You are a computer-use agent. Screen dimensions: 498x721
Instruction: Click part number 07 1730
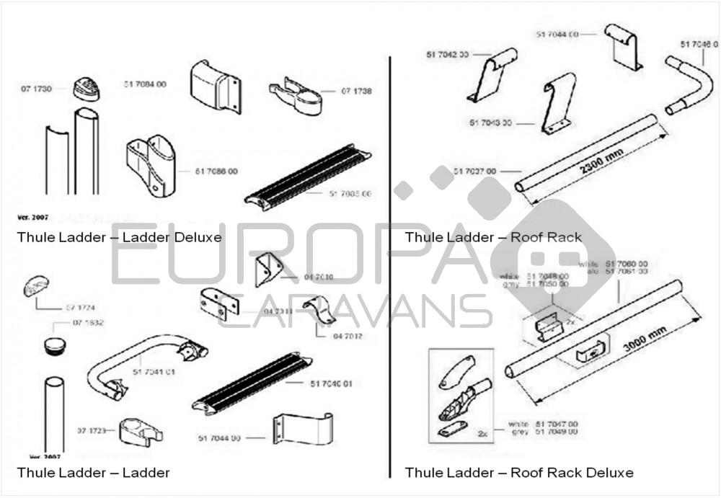(x=36, y=89)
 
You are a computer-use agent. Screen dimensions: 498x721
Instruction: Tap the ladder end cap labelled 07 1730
(x=87, y=89)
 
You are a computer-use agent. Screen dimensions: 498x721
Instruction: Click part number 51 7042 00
(x=448, y=54)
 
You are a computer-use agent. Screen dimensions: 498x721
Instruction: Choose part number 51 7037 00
(x=474, y=171)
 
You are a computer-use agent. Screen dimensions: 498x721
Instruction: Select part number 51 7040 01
(x=331, y=383)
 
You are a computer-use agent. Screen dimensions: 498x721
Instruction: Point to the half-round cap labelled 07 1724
(x=35, y=285)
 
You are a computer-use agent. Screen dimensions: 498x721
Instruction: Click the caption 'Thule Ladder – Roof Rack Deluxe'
(x=519, y=473)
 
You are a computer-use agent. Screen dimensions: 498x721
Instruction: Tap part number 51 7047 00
(x=556, y=424)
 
